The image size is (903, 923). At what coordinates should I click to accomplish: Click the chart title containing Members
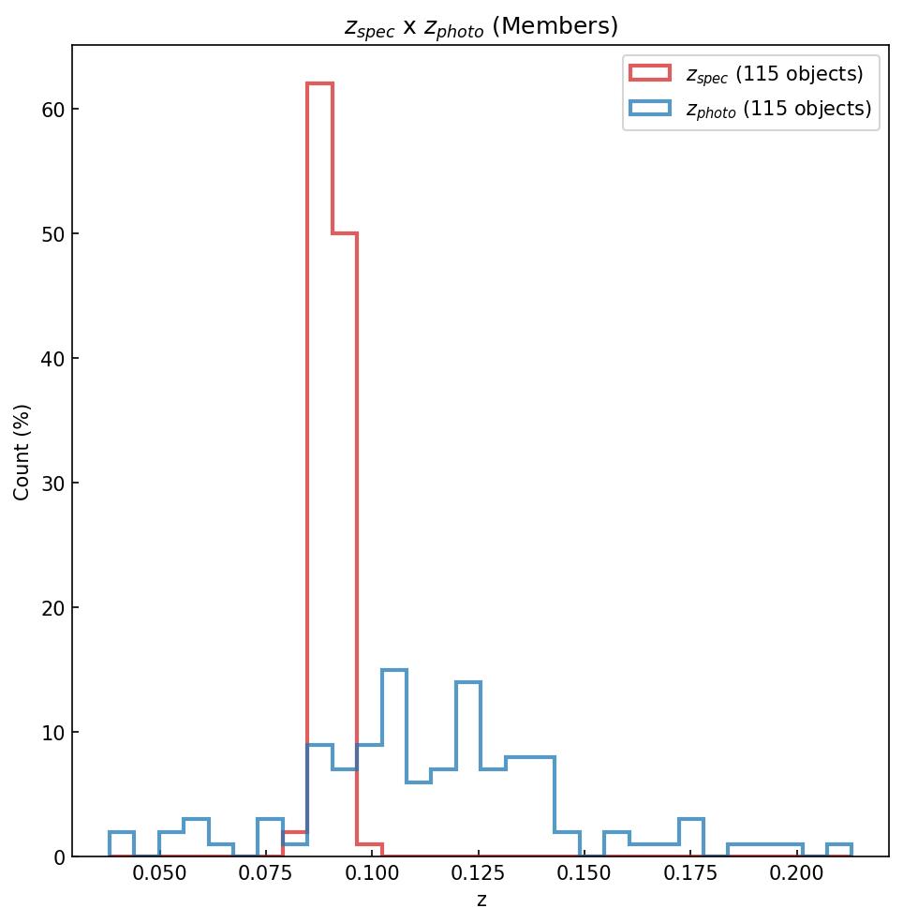pyautogui.click(x=481, y=27)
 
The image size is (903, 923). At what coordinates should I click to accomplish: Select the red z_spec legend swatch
pyautogui.click(x=650, y=73)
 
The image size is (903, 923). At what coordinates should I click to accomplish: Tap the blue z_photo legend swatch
pyautogui.click(x=650, y=109)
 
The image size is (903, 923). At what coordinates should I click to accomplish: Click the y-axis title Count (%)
pyautogui.click(x=22, y=452)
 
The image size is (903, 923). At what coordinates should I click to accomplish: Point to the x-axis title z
pyautogui.click(x=481, y=901)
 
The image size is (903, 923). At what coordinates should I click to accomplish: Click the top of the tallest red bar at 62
pyautogui.click(x=319, y=83)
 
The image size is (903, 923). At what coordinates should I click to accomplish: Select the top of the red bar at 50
pyautogui.click(x=345, y=233)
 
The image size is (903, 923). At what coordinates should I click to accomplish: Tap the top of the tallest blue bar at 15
pyautogui.click(x=394, y=670)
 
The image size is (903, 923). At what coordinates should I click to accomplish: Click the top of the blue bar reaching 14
pyautogui.click(x=468, y=682)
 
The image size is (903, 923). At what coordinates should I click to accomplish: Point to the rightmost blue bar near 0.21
pyautogui.click(x=839, y=845)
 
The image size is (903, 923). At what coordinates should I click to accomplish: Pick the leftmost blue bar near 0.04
pyautogui.click(x=122, y=833)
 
